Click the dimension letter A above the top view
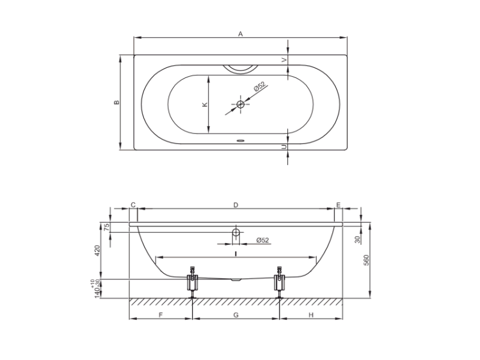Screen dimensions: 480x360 coord(241,34)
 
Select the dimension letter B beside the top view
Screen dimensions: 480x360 coord(116,102)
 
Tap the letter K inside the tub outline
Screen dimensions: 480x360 coord(205,105)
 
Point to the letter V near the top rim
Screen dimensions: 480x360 coord(284,60)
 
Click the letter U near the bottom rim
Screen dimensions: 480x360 coord(284,147)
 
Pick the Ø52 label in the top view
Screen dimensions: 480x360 coord(259,86)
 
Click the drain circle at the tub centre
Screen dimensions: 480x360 coord(241,104)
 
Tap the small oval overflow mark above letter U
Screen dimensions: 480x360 coord(240,141)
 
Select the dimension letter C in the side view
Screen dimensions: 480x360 coord(133,205)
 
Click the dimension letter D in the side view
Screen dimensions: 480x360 coord(236,205)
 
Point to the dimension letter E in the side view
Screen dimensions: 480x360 coord(339,205)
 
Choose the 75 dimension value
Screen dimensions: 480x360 coord(106,227)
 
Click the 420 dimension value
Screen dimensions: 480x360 coord(97,251)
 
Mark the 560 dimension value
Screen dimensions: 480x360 coord(367,260)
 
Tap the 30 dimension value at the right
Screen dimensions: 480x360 coord(358,240)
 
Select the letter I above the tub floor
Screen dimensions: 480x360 coord(236,254)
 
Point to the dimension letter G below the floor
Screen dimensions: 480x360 coord(236,315)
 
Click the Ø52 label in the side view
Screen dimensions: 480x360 coord(262,240)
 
